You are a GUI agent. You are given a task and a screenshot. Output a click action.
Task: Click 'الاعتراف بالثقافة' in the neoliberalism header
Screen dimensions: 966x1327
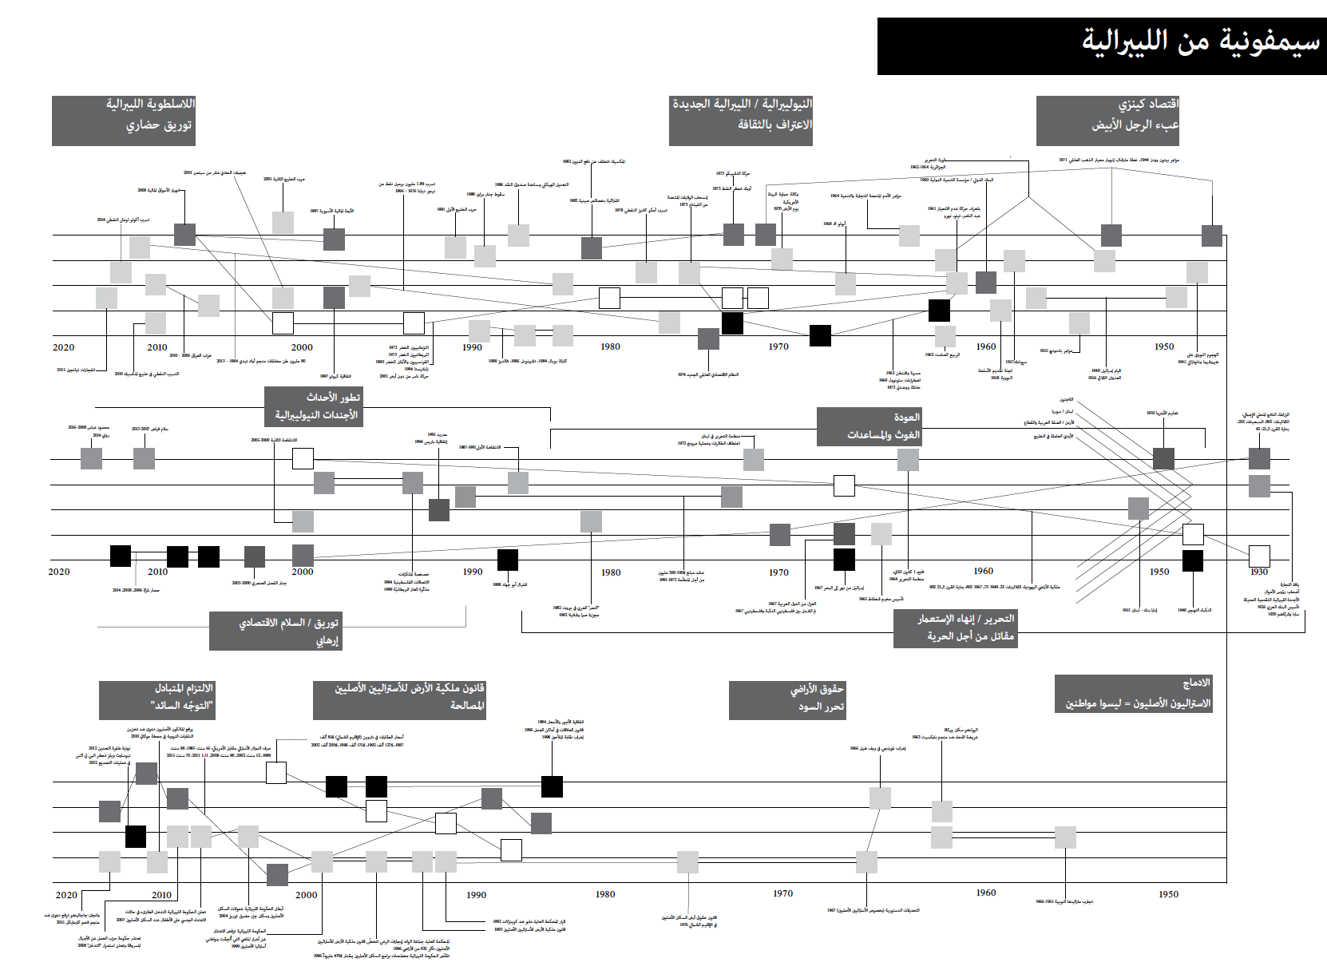(774, 125)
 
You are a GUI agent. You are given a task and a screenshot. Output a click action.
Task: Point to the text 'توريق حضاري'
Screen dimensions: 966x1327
(159, 126)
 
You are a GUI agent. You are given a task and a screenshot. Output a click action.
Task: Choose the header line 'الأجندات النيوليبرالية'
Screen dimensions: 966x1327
(316, 415)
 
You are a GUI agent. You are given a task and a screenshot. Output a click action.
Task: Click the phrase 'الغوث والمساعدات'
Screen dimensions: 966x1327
(883, 435)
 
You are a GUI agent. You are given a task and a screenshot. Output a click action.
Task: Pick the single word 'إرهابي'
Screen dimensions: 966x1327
(327, 640)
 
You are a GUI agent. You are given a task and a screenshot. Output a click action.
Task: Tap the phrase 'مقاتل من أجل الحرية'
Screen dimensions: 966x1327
(970, 636)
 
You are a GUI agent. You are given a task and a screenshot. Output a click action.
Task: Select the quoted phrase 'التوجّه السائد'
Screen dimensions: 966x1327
(182, 706)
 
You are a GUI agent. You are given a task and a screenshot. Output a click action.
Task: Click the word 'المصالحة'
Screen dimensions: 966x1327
(467, 706)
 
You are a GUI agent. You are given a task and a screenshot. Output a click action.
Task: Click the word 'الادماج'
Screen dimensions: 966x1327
(1196, 683)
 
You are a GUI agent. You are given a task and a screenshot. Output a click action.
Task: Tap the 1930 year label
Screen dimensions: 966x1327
(1258, 572)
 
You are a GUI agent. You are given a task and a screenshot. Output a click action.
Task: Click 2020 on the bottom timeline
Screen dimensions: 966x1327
(66, 895)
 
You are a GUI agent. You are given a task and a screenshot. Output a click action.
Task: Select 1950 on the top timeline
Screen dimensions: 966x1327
(1164, 346)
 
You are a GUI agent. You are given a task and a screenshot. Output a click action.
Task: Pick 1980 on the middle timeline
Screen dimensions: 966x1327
(611, 572)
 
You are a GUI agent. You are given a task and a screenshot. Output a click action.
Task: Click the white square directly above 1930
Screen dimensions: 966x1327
(1259, 556)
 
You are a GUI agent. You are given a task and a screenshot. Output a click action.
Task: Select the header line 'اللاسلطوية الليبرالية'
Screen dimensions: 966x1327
(150, 105)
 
